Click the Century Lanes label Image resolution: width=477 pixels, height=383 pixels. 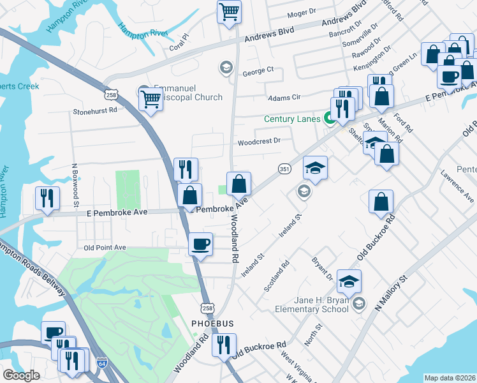pos(293,118)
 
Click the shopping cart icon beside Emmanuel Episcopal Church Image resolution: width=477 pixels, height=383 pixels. pos(150,98)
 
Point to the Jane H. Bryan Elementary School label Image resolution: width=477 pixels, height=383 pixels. pos(312,304)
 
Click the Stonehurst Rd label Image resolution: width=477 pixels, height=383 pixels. pos(95,110)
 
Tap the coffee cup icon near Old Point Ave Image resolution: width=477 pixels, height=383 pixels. pos(201,244)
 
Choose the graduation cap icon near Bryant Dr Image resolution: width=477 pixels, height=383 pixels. pos(349,280)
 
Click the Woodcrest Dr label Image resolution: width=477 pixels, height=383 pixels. pos(259,141)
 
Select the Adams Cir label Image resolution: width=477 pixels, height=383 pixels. pos(284,98)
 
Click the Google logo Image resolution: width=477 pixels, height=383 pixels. pos(21,375)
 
